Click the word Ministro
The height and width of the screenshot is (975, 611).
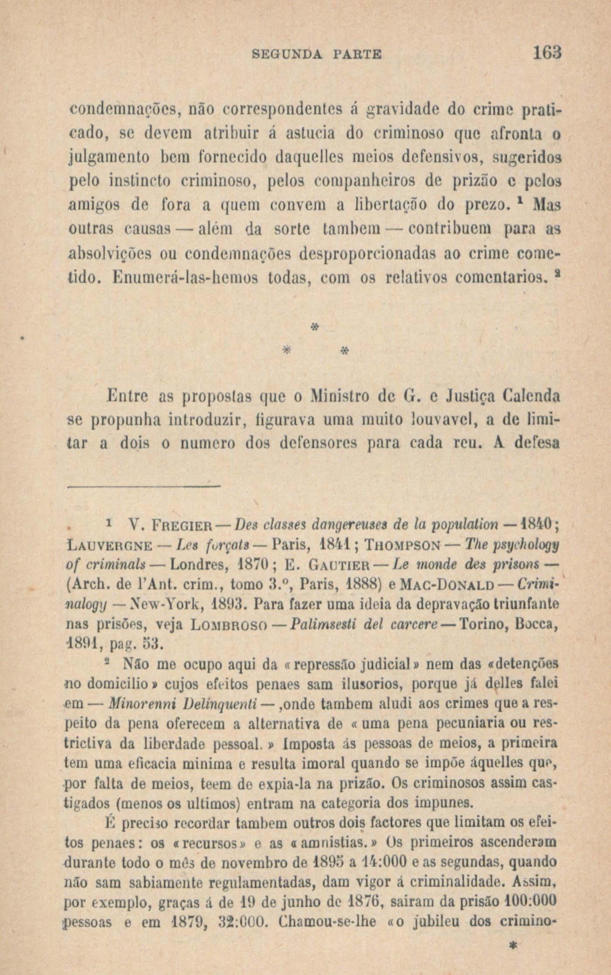[x=348, y=398]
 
